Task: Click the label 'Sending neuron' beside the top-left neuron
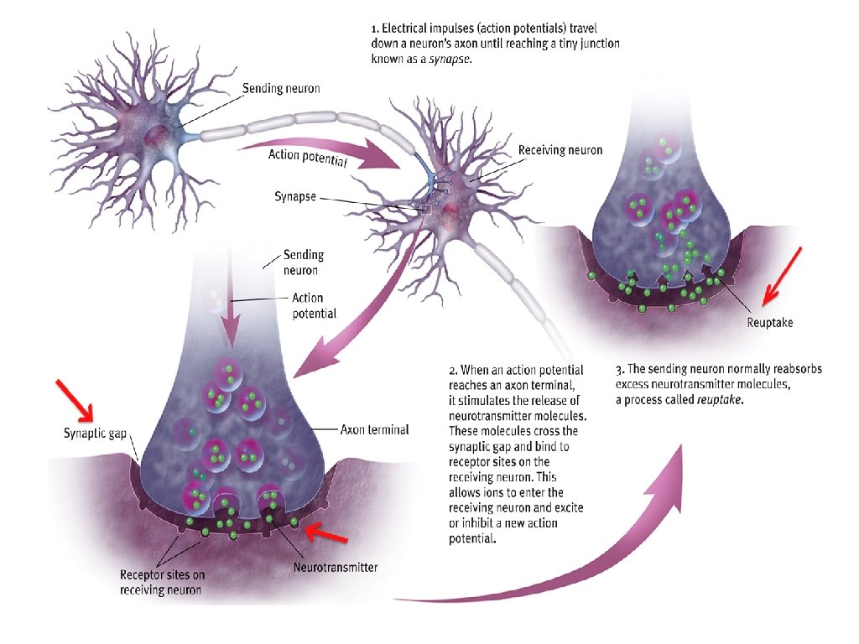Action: pyautogui.click(x=281, y=88)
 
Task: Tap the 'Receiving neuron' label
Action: pyautogui.click(x=560, y=151)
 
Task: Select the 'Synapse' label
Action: pyautogui.click(x=294, y=197)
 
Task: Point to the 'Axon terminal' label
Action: pyautogui.click(x=374, y=430)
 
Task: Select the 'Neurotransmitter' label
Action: pyautogui.click(x=336, y=568)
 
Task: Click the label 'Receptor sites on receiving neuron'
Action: pyautogui.click(x=161, y=583)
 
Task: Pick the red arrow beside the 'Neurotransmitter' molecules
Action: pyautogui.click(x=325, y=534)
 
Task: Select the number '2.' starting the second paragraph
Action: pyautogui.click(x=454, y=370)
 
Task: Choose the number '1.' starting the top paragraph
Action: pyautogui.click(x=375, y=27)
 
